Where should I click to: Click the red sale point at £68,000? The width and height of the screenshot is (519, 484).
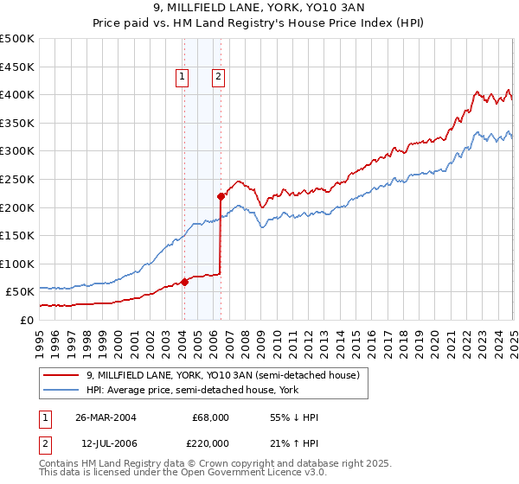[184, 282]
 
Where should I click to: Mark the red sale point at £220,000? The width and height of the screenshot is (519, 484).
[221, 196]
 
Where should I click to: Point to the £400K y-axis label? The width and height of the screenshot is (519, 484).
[17, 95]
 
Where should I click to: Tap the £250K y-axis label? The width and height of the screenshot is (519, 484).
[17, 180]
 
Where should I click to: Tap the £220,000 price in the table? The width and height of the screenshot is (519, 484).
[211, 443]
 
